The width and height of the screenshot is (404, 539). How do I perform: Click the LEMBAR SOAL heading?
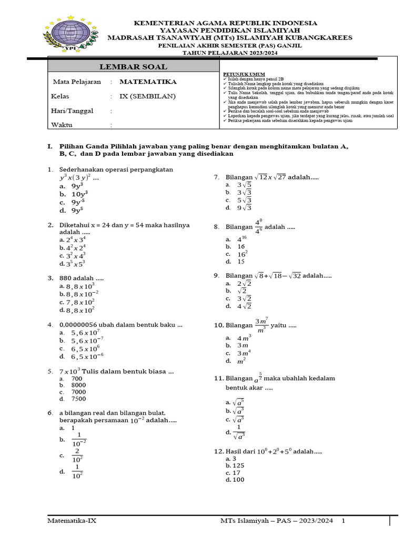(133, 66)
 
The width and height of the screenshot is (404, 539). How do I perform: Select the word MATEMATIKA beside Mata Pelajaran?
(148, 82)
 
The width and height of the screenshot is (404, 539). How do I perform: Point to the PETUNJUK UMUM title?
(244, 74)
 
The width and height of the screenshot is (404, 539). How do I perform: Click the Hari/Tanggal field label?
(72, 111)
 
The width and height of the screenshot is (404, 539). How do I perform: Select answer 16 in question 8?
(241, 246)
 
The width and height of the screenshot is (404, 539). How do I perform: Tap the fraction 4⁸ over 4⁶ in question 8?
(258, 227)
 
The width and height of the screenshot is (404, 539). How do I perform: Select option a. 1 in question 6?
(73, 428)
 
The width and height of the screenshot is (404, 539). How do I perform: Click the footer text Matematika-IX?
(72, 521)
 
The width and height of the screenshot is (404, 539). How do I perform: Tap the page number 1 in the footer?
(344, 521)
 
